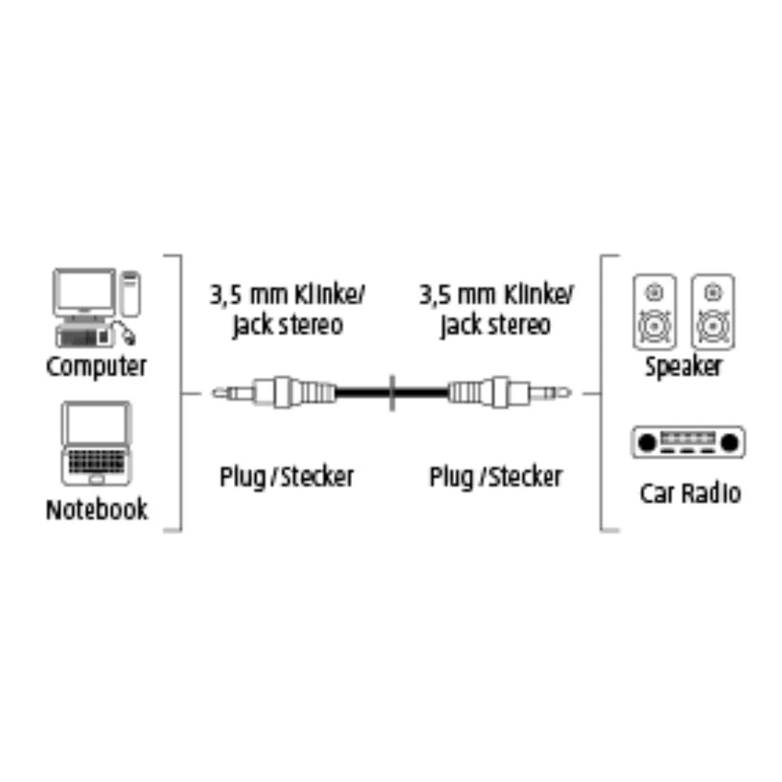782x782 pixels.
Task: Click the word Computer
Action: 96,367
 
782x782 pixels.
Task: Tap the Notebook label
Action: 97,509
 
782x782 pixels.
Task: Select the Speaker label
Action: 683,367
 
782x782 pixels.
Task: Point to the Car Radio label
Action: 690,493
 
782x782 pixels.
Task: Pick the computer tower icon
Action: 131,294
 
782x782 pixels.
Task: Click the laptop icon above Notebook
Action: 96,444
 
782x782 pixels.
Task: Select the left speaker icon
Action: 654,311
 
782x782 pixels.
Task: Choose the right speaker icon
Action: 712,311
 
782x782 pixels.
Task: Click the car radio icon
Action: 688,442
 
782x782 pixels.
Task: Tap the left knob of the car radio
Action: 647,442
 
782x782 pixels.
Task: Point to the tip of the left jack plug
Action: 213,394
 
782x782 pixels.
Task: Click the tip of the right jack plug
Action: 570,393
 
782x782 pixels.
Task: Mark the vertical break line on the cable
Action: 392,393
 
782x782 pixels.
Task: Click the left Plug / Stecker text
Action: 286,477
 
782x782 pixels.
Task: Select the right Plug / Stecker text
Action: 496,477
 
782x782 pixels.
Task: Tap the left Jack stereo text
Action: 288,325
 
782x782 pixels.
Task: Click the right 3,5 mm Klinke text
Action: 496,294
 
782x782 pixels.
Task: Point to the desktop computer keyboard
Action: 82,337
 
